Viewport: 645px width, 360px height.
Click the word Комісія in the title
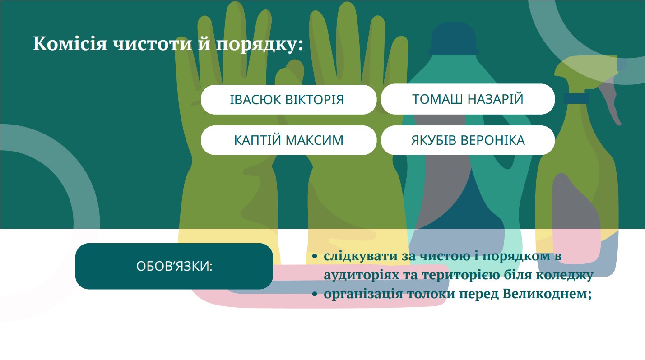70,43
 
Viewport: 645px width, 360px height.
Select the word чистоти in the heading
152,44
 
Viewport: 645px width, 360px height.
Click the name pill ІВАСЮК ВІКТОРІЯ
288,100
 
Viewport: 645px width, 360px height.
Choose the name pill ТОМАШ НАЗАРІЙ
468,99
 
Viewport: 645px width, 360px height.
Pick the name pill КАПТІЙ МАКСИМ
288,140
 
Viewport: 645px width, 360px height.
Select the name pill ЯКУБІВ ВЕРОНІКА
468,140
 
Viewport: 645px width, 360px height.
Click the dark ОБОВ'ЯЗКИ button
174,266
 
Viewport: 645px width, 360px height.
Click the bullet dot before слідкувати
315,256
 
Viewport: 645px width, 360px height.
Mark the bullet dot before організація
315,294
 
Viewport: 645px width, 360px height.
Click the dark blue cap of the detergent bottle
453,39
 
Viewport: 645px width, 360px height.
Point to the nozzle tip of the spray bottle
622,65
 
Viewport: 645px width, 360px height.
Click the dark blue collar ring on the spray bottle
576,98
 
